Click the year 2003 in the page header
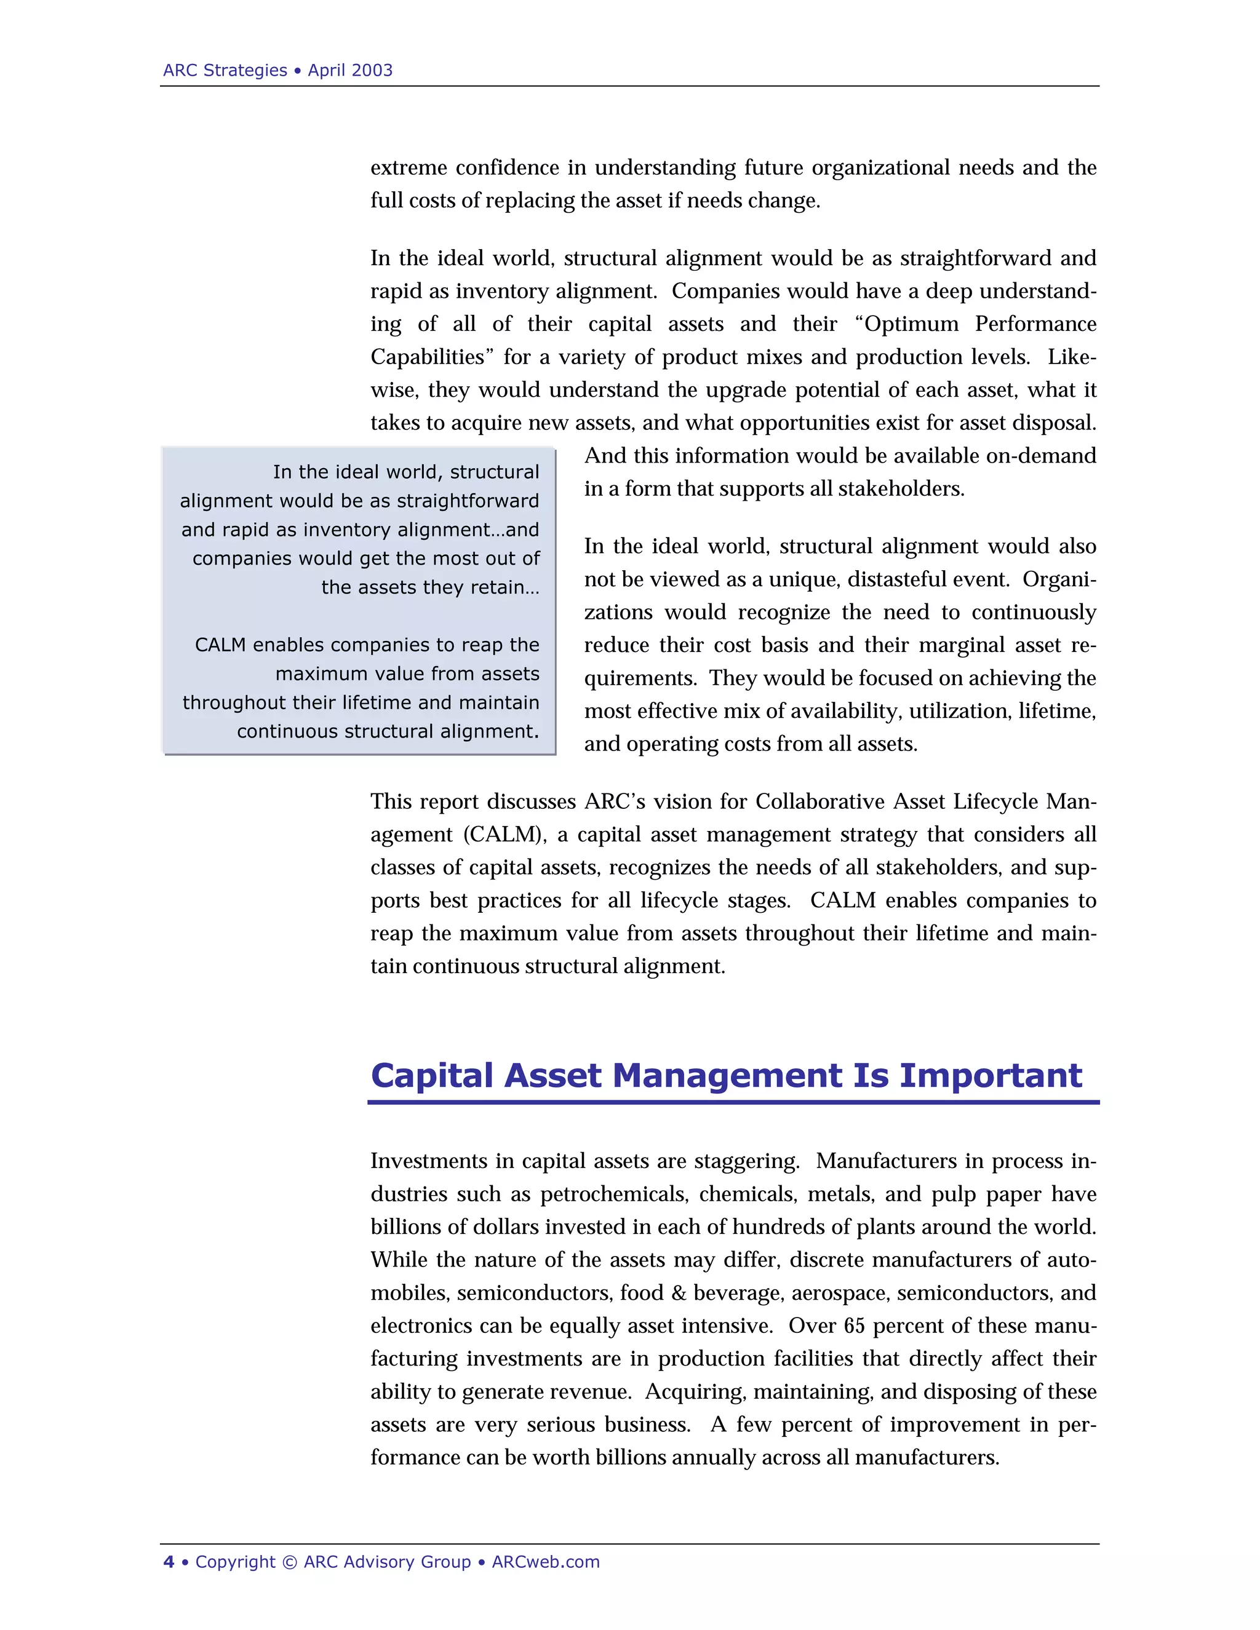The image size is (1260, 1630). (372, 70)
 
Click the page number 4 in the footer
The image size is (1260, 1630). (169, 1562)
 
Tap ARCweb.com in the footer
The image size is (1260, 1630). (546, 1562)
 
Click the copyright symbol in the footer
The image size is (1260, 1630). (290, 1562)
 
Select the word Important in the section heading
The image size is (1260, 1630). (990, 1075)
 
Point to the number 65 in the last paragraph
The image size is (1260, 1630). (854, 1326)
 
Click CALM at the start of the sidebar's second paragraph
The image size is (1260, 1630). (220, 645)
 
